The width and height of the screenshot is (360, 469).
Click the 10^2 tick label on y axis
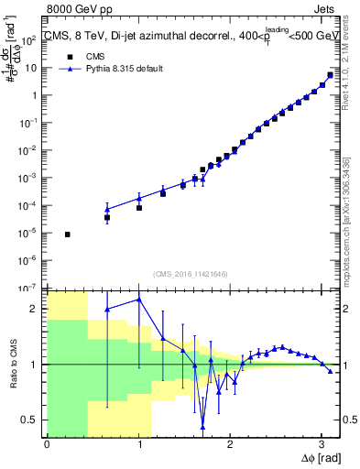tap(30, 40)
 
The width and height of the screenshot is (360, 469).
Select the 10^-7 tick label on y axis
tap(30, 288)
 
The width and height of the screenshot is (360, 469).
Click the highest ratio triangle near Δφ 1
tap(139, 300)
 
